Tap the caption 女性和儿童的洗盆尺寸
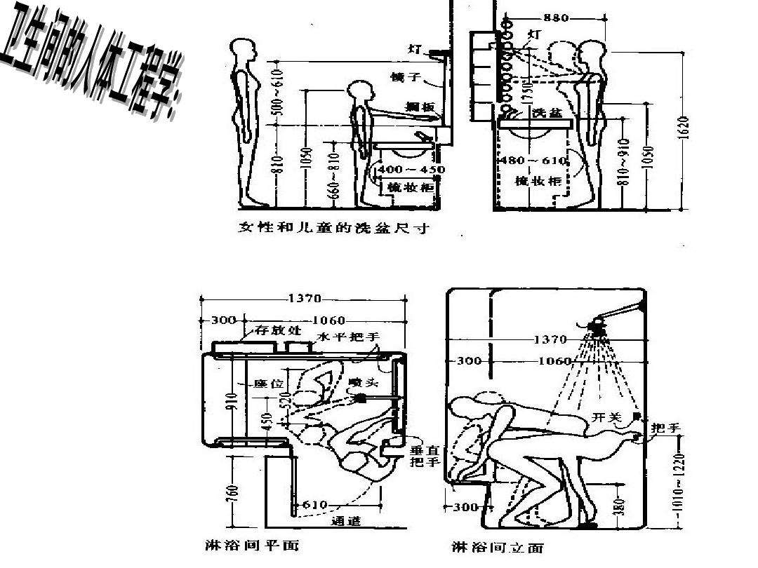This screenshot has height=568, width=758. (x=333, y=228)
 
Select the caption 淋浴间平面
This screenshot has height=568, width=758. (x=247, y=544)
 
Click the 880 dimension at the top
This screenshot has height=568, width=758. (x=556, y=18)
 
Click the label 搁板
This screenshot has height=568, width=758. (x=420, y=107)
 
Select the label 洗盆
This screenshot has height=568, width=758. (x=547, y=112)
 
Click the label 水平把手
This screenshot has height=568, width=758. (x=346, y=337)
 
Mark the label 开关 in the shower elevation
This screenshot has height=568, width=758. (x=606, y=417)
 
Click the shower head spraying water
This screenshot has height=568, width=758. (x=599, y=326)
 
